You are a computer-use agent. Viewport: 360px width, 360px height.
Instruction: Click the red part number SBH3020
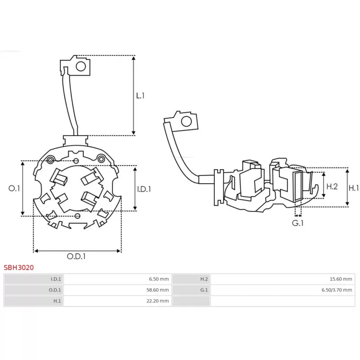(x=18, y=267)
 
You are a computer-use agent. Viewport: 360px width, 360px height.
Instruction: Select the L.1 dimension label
(x=140, y=95)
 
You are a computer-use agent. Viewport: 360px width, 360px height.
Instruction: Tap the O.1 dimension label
(x=14, y=189)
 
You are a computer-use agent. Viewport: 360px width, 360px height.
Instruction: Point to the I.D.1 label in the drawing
(x=144, y=189)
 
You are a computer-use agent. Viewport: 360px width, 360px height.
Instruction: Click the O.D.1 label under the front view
(x=76, y=256)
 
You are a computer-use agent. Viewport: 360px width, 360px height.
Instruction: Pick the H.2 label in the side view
(x=332, y=186)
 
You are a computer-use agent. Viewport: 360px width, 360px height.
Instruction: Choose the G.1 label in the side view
(x=298, y=223)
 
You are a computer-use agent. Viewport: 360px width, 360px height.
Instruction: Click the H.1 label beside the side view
(x=354, y=188)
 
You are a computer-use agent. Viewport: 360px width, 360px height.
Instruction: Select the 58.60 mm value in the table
(x=157, y=290)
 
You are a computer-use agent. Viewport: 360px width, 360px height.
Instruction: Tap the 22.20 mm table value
(x=157, y=301)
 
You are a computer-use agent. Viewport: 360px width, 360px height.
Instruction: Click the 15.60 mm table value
(x=341, y=279)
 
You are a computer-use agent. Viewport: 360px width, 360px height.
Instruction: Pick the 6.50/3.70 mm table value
(x=337, y=290)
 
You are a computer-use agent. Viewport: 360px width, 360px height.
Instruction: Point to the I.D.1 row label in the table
(x=56, y=279)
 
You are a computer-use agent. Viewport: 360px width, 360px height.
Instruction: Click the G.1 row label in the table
(x=204, y=290)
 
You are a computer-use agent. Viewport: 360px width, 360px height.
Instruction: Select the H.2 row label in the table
(x=204, y=279)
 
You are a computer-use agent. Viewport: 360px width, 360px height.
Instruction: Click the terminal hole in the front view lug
(x=81, y=67)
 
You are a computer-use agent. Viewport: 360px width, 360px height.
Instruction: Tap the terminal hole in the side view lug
(x=186, y=121)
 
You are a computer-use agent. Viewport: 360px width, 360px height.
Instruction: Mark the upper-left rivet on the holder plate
(x=50, y=160)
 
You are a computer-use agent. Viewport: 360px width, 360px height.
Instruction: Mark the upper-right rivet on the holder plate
(x=101, y=159)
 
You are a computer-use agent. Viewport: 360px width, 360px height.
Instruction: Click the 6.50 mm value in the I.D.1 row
(x=159, y=279)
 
